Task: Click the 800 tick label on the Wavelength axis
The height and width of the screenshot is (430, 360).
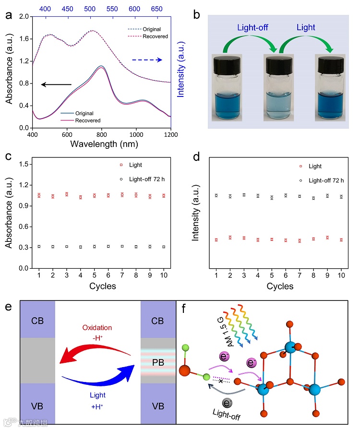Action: [101, 134]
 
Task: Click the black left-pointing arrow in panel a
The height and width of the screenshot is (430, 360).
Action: [56, 84]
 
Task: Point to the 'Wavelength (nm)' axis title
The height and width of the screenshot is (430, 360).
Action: [101, 143]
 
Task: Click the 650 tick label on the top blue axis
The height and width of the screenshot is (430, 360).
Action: [156, 9]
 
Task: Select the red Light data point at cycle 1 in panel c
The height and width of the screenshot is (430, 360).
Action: [39, 195]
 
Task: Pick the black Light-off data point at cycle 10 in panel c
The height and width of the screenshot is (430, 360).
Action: [164, 247]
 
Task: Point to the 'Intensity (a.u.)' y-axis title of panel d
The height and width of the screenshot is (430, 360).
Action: [196, 215]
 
